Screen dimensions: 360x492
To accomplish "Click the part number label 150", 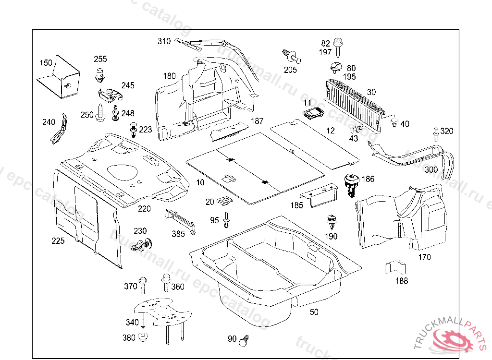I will click(x=46, y=63).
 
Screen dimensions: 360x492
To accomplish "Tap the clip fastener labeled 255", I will click(x=99, y=74).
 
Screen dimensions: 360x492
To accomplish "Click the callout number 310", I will click(x=164, y=41).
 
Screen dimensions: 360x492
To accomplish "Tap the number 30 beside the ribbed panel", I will click(x=371, y=92).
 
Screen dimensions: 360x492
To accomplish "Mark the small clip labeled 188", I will click(x=394, y=267).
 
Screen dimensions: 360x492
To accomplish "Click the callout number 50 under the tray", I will click(x=314, y=312).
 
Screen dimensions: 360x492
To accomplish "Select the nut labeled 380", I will click(x=142, y=337).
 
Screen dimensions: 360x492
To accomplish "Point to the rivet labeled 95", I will click(x=227, y=220).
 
